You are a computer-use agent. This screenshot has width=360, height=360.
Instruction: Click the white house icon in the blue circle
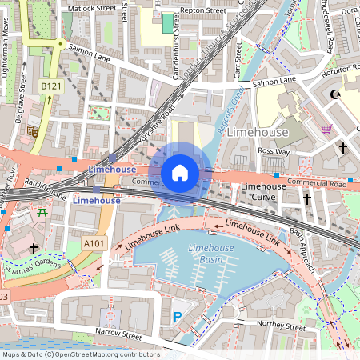click(x=180, y=172)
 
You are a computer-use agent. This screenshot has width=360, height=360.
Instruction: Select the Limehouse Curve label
click(x=263, y=192)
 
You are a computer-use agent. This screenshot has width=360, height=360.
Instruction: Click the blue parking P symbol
click(x=177, y=317)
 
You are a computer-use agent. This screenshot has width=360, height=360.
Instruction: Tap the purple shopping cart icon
click(x=326, y=128)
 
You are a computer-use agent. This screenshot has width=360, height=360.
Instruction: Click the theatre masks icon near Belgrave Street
click(x=33, y=130)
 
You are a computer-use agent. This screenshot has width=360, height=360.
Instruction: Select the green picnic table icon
click(x=42, y=213)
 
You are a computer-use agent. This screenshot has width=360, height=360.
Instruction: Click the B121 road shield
click(x=50, y=86)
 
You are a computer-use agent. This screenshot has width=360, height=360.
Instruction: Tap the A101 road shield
click(x=94, y=243)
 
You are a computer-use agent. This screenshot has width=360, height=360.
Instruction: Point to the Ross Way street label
click(x=274, y=150)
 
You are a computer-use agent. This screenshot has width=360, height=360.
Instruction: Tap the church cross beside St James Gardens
click(x=33, y=250)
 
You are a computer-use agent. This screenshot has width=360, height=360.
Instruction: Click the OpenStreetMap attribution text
click(x=80, y=354)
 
